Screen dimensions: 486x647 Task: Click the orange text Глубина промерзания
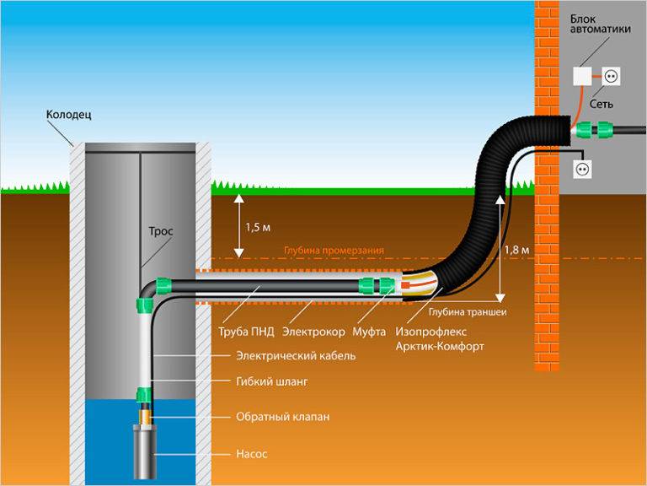[334, 251]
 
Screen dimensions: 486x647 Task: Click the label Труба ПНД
[241, 332]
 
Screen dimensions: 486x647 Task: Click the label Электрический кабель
[296, 356]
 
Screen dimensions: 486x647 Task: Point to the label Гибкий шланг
[271, 381]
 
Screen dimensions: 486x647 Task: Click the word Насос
[251, 453]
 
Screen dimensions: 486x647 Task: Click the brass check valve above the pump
[146, 415]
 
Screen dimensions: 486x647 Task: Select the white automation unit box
[583, 77]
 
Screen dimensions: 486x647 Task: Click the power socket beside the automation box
[611, 77]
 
